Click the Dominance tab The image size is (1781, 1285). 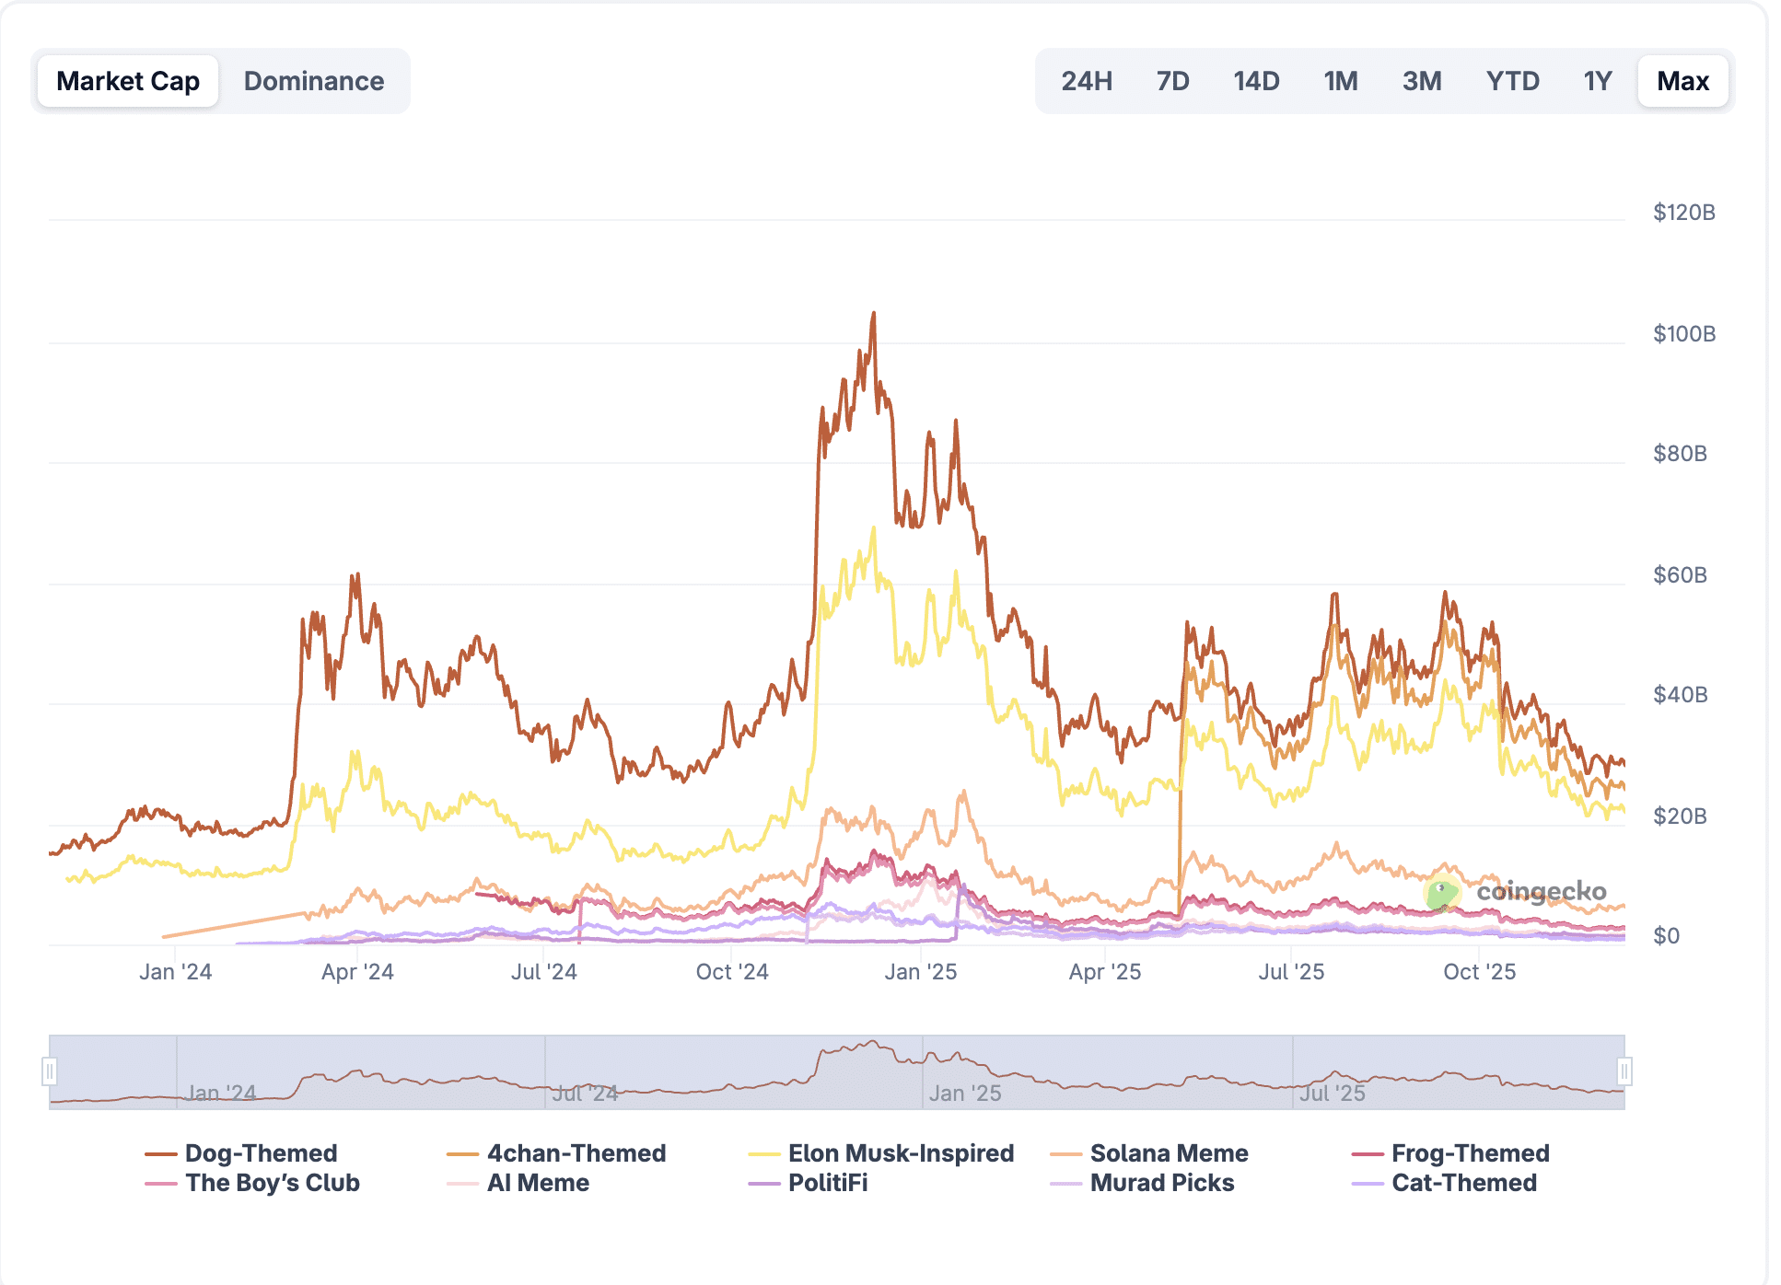[x=313, y=81]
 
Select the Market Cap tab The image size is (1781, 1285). [x=128, y=81]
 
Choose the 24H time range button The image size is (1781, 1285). [x=1087, y=81]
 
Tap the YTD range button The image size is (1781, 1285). [x=1512, y=81]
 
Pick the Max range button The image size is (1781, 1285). [x=1682, y=81]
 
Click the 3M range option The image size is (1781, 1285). [x=1422, y=81]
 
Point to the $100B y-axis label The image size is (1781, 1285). [x=1683, y=333]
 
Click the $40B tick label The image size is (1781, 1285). [x=1680, y=694]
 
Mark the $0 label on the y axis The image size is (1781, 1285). [x=1666, y=935]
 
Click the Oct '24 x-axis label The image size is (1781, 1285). [x=732, y=972]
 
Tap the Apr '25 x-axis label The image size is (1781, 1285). [x=1105, y=972]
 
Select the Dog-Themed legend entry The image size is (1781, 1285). [x=261, y=1153]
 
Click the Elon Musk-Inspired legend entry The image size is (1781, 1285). [x=900, y=1153]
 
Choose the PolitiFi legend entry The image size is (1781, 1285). [x=827, y=1183]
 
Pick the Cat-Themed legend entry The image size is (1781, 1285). [x=1463, y=1183]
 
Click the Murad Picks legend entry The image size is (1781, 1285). [x=1161, y=1183]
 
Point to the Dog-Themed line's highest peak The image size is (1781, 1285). [x=874, y=314]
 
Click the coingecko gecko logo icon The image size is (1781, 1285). [x=1441, y=892]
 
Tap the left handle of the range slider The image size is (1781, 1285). [x=50, y=1071]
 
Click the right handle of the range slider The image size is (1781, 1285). [x=1624, y=1071]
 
